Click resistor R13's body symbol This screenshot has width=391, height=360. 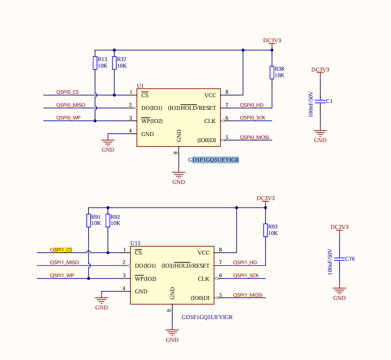click(95, 63)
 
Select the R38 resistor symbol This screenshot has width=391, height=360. click(272, 72)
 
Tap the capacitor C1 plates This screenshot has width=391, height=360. click(320, 101)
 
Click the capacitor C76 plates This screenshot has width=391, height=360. click(340, 259)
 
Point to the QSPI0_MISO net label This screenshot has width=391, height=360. click(71, 105)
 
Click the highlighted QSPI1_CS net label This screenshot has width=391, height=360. click(61, 250)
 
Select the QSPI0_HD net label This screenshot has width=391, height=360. click(252, 105)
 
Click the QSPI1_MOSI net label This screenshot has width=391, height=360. click(248, 295)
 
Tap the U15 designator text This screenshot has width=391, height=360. click(135, 243)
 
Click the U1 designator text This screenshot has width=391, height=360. click(140, 85)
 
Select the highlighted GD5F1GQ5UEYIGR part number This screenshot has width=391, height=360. click(214, 160)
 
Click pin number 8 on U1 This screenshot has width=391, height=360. click(227, 92)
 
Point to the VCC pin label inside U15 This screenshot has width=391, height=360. click(204, 253)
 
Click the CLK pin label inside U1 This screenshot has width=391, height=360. click(210, 121)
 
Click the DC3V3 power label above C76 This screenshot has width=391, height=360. click(340, 227)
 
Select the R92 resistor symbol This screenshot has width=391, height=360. click(108, 221)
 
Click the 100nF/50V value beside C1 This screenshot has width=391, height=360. click(311, 104)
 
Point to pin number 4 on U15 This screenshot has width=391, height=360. click(124, 289)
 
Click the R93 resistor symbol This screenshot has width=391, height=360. click(265, 230)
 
